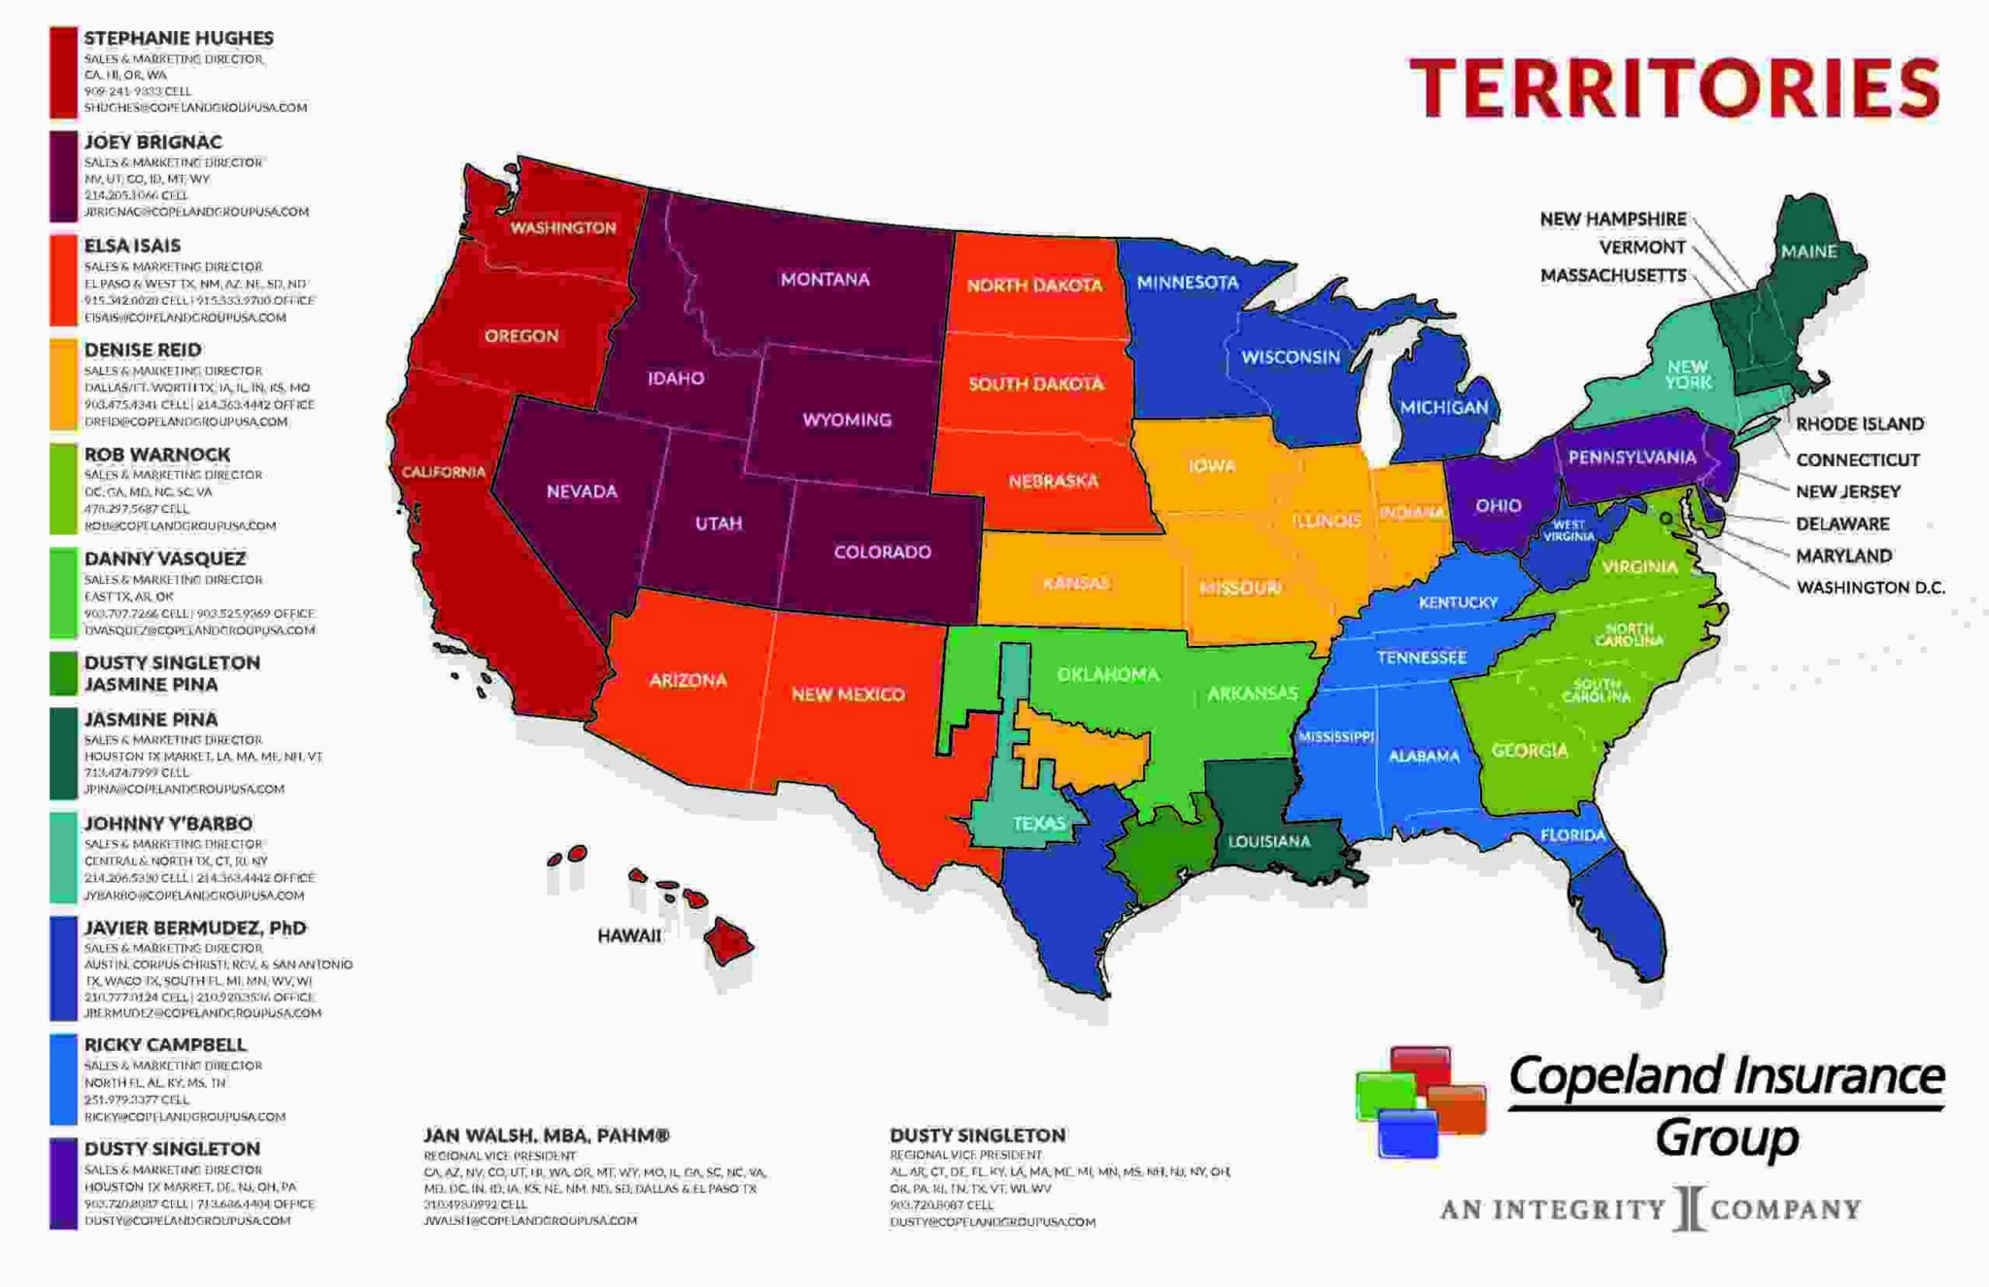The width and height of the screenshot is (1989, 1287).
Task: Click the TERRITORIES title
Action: pos(1674,87)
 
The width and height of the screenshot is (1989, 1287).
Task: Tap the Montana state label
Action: pos(825,280)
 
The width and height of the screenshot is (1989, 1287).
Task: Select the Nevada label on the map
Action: pos(582,491)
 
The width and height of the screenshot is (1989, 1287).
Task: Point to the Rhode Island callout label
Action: pos(1859,424)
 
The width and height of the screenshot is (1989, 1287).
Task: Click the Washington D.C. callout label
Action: pos(1871,588)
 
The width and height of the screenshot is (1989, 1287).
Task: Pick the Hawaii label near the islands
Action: pos(629,935)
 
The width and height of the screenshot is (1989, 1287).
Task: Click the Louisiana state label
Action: pos(1268,841)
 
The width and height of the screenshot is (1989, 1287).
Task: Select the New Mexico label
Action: pos(848,694)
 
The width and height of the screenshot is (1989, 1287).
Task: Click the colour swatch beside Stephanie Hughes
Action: pos(63,72)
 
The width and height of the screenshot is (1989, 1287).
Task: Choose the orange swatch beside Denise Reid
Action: pos(63,385)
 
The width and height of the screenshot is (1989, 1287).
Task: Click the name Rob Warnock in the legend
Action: pos(157,455)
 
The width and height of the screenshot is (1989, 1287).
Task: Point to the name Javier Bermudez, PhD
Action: pos(195,928)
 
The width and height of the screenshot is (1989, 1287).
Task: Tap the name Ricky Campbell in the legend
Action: pos(165,1045)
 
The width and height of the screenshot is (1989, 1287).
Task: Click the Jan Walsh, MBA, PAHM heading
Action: pos(547,1135)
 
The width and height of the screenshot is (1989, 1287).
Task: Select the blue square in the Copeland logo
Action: pos(1407,1133)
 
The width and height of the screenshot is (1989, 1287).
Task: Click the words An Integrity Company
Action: pos(1650,1210)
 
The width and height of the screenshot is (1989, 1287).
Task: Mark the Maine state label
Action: pos(1808,252)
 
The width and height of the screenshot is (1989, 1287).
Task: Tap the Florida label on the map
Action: pos(1572,835)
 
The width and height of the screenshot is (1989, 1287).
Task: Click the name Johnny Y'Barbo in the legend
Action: pos(168,824)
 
